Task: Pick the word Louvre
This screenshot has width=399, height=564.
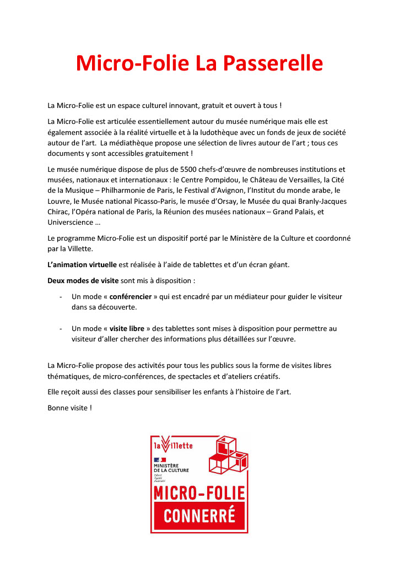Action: coord(60,202)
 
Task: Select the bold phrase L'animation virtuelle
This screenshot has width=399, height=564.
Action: coord(82,265)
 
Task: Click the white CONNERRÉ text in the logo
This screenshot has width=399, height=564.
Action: coord(199,516)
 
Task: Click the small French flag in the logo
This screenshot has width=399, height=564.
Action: coord(159,460)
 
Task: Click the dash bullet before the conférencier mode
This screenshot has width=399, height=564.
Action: coord(60,296)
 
